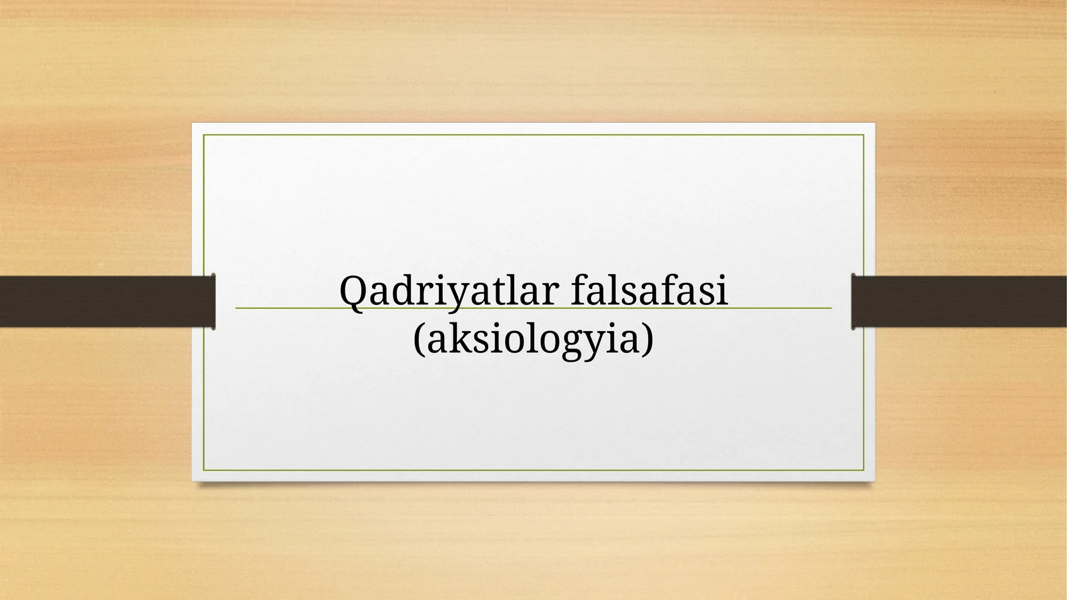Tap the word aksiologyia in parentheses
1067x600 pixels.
click(x=533, y=340)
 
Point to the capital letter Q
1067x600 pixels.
click(x=353, y=292)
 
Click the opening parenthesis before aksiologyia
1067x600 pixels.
click(x=418, y=340)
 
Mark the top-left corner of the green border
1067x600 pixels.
click(x=204, y=135)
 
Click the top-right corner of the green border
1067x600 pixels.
click(x=864, y=135)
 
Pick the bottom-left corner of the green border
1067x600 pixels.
click(x=204, y=470)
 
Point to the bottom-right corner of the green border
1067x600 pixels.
click(x=864, y=470)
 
